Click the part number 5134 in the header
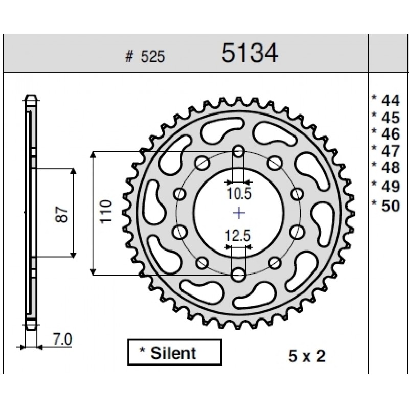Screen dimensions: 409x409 pos(249,53)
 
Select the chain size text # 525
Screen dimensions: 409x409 pos(145,56)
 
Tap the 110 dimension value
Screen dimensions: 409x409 pos(106,212)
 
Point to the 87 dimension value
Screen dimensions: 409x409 pos(61,214)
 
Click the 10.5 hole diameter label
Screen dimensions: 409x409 pos(239,193)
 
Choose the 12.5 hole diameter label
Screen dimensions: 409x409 pos(238,235)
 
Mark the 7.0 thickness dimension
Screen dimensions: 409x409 pos(62,339)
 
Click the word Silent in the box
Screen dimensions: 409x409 pos(173,353)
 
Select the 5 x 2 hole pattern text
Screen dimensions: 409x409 pos(307,356)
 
